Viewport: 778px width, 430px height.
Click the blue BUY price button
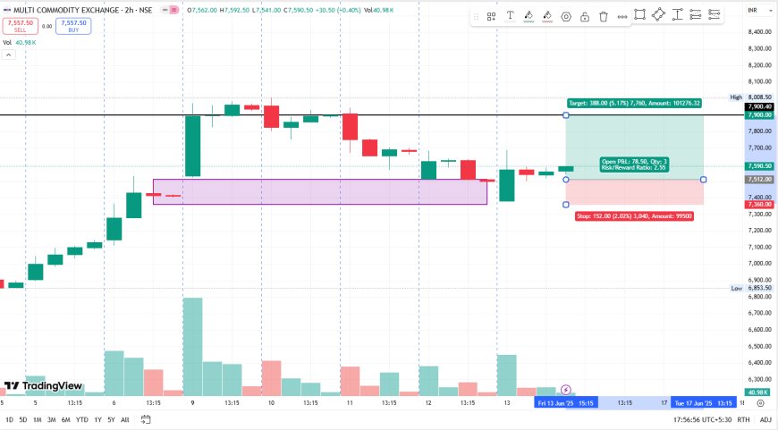click(x=72, y=26)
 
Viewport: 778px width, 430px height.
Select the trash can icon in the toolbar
click(x=604, y=16)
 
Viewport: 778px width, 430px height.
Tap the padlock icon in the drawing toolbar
click(x=584, y=16)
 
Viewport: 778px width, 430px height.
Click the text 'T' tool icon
click(x=510, y=15)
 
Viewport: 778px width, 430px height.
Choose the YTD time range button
click(x=81, y=419)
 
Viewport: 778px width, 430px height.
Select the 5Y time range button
click(x=110, y=419)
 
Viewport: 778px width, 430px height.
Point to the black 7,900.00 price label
click(x=758, y=114)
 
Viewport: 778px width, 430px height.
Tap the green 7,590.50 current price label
click(x=758, y=165)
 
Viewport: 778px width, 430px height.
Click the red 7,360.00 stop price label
click(x=758, y=205)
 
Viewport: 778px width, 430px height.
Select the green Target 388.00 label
click(x=633, y=104)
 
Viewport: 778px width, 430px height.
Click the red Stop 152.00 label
click(x=633, y=216)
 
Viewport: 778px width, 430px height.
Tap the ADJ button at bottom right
click(x=765, y=419)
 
